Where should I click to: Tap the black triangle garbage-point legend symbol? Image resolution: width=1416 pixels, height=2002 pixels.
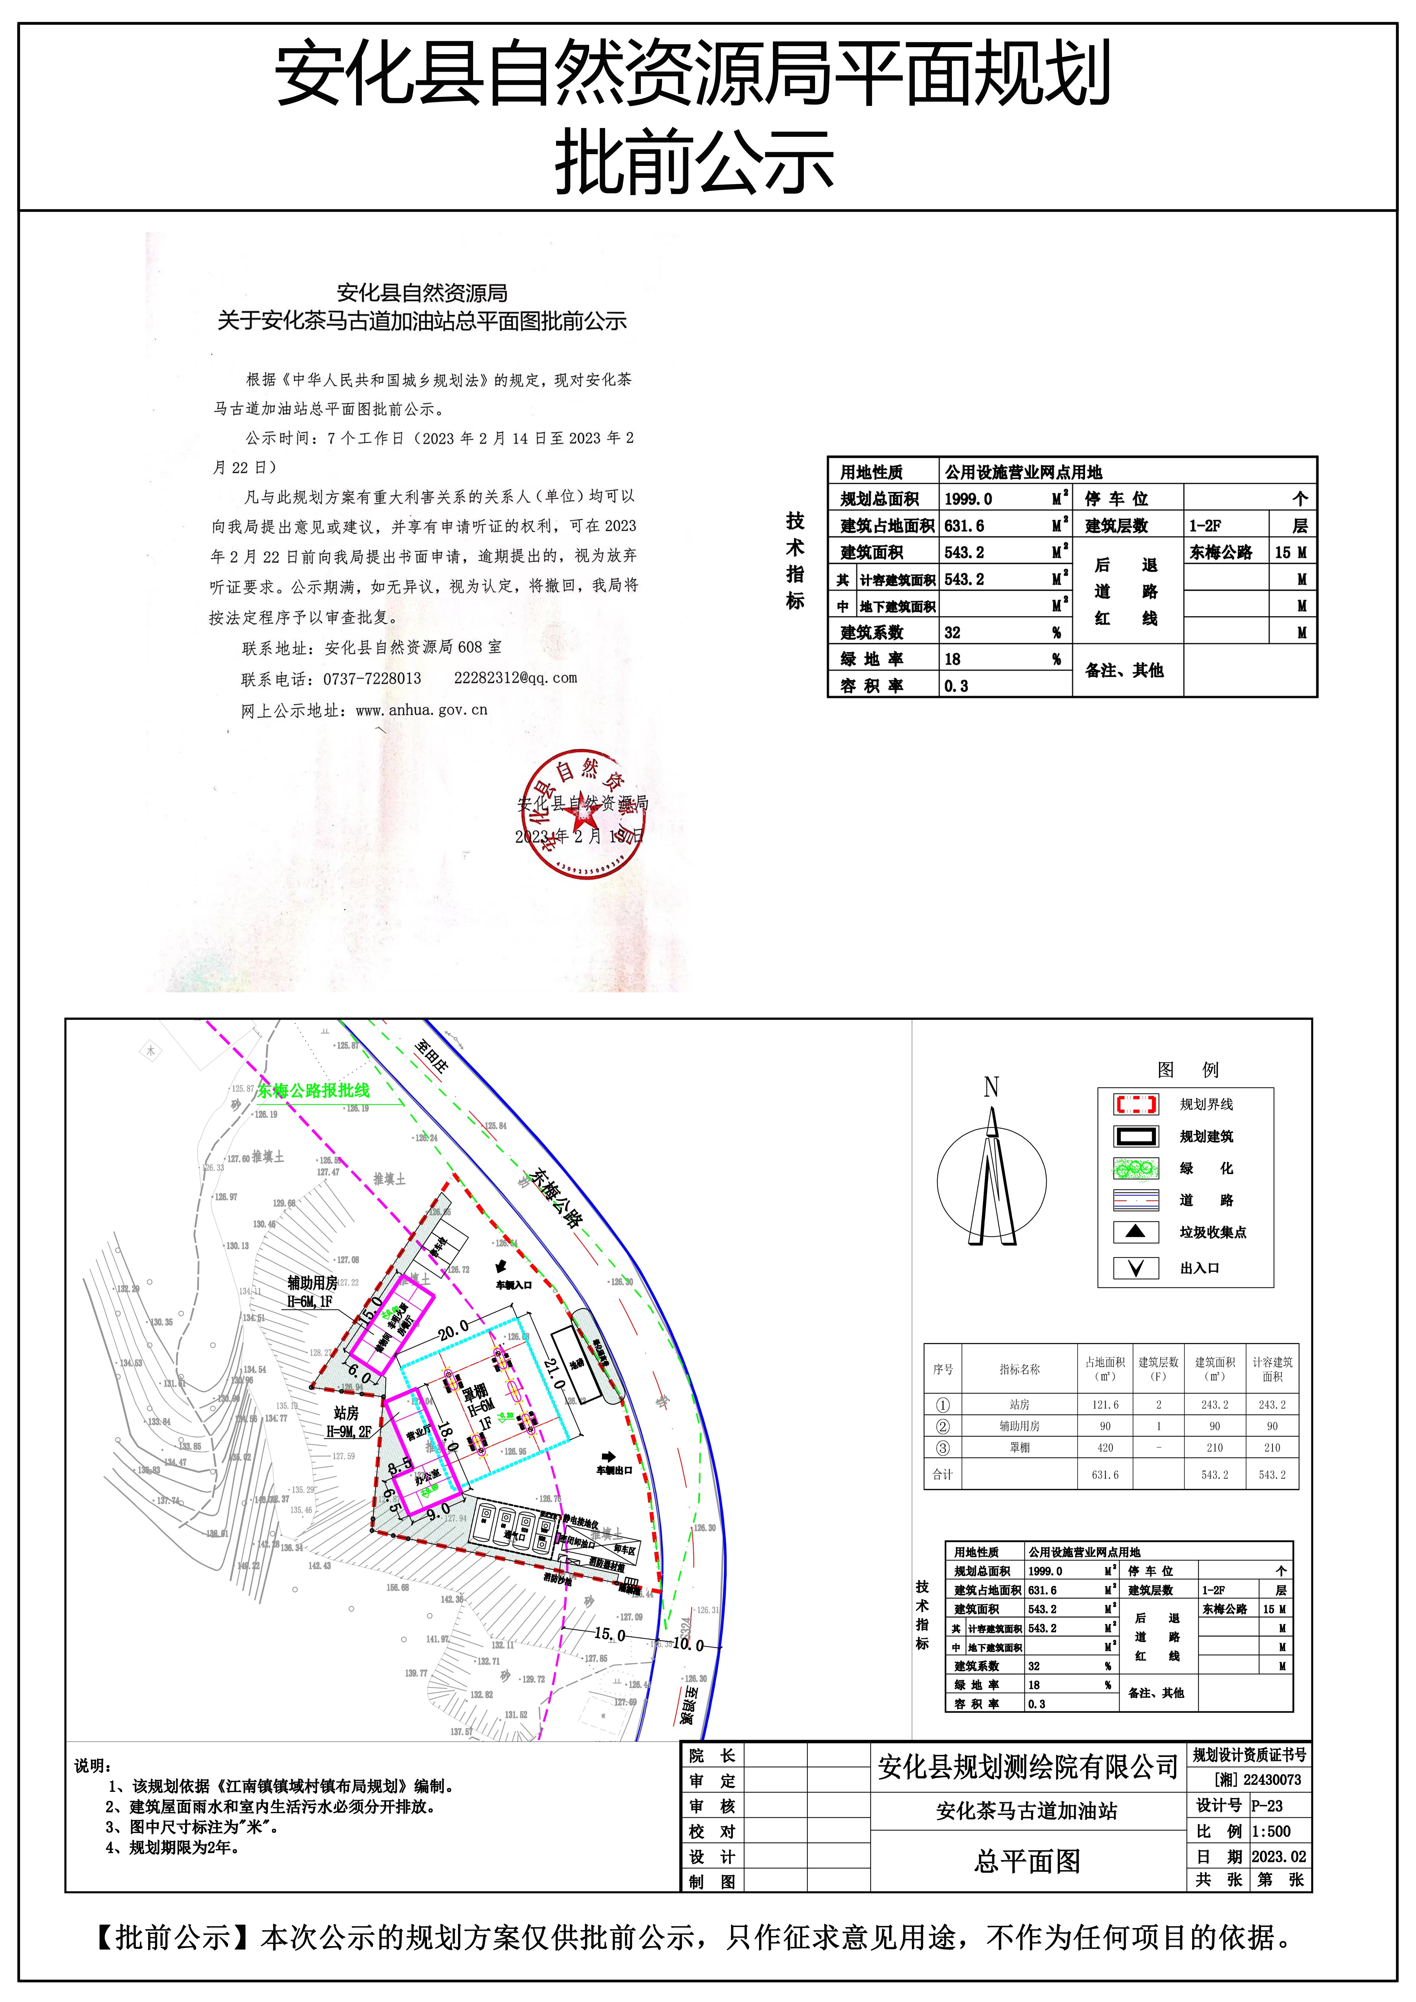(1135, 1231)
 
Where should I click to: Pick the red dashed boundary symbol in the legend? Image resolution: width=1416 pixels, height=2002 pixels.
(1135, 1105)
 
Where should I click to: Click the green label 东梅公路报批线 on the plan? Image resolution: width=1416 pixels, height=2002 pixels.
(313, 1090)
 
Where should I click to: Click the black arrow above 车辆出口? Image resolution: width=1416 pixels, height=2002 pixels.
(609, 1456)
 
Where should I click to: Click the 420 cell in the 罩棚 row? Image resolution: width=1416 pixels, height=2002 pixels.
(1105, 1447)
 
